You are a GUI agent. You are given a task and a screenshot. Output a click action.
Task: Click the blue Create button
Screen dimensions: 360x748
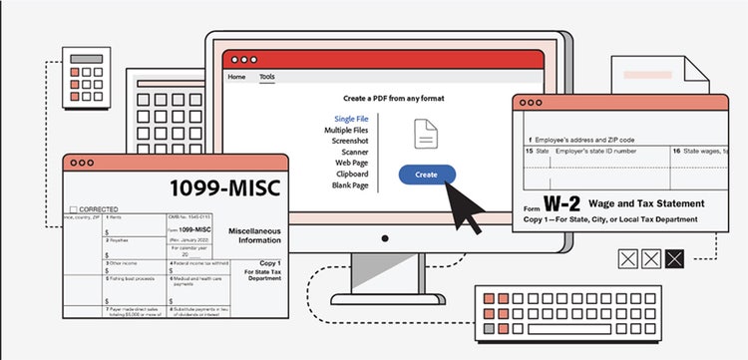[x=427, y=174]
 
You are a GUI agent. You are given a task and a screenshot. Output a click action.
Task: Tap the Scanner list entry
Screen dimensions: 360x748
[x=351, y=153]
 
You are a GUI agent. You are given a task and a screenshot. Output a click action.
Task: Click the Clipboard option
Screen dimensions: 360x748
[x=348, y=175]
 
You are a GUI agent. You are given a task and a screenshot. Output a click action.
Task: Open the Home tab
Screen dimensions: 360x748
[x=236, y=77]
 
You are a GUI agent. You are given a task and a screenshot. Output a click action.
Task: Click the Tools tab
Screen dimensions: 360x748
[x=267, y=77]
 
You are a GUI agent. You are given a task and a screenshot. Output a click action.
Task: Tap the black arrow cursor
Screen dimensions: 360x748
[x=461, y=206]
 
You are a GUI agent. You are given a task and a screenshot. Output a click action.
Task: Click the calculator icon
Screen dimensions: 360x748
[x=84, y=77]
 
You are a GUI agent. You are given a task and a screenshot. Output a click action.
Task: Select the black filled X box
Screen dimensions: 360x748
[x=676, y=259]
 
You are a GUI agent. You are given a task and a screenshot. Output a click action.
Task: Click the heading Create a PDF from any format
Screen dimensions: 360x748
[x=393, y=98]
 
